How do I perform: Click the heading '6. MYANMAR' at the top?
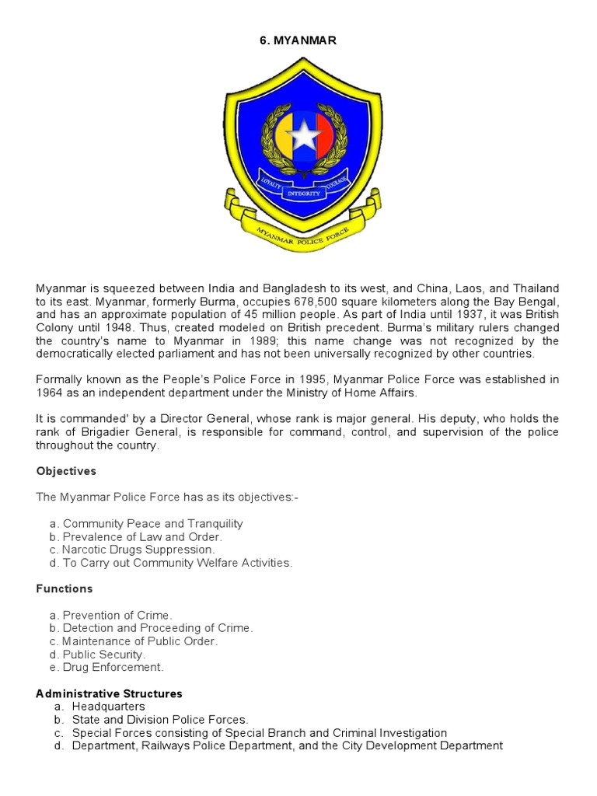[298, 40]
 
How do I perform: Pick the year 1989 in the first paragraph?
[278, 340]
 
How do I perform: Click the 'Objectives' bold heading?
[65, 471]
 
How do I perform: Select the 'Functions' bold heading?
[65, 588]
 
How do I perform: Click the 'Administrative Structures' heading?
[109, 693]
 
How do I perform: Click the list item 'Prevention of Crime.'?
[117, 615]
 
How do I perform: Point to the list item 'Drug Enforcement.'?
[113, 667]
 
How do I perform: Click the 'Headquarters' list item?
[108, 706]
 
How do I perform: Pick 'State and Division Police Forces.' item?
[160, 719]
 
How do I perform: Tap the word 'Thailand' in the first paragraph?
[534, 288]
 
